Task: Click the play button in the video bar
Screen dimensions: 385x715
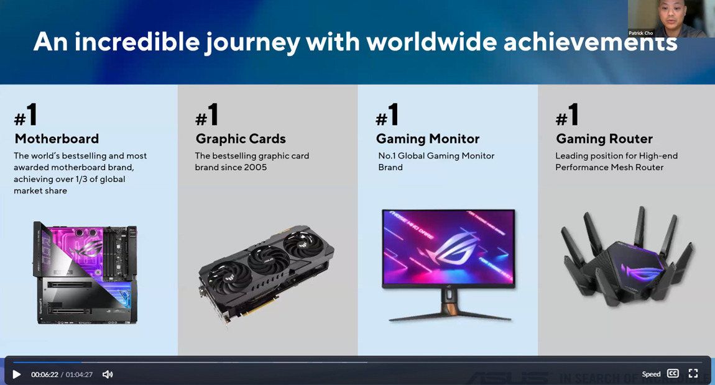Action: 17,374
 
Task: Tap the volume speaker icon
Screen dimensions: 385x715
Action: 108,374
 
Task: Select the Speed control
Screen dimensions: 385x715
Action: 651,374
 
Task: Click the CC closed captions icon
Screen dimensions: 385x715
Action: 673,373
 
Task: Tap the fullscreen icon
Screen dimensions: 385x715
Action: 693,373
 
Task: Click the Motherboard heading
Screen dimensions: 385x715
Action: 57,138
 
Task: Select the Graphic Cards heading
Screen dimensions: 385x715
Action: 241,138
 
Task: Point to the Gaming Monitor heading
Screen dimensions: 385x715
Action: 428,138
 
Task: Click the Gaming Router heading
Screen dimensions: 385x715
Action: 604,138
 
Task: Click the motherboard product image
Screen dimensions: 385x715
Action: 85,273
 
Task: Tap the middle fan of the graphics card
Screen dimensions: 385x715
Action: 269,259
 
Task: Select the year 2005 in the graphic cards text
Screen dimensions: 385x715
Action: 256,168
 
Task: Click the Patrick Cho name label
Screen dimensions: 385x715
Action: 640,33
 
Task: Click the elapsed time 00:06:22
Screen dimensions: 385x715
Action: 45,374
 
